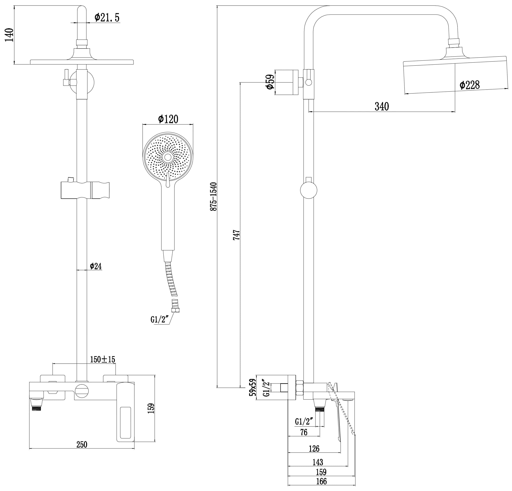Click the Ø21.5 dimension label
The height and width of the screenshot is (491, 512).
pos(107,18)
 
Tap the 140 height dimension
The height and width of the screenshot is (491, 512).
pos(9,35)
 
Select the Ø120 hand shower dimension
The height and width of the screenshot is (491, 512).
pos(168,119)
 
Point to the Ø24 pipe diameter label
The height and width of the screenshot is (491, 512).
pos(96,266)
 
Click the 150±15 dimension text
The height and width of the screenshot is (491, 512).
pos(102,359)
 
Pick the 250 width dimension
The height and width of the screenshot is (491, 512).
pos(82,445)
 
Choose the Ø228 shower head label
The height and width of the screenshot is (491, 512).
pos(469,85)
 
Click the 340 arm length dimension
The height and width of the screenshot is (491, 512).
pos(382,107)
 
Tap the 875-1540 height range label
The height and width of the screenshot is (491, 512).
pos(214,196)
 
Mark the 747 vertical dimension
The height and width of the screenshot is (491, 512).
pos(236,235)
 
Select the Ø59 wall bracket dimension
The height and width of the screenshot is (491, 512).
pos(270,82)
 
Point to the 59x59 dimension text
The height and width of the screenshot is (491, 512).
pos(253,388)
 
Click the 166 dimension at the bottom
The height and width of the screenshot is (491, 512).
pos(321,481)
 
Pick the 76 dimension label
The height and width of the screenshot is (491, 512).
pos(304,432)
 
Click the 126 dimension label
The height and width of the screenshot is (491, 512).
pos(314,449)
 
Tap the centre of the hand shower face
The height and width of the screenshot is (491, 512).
pos(168,157)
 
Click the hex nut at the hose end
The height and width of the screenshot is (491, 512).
pos(175,310)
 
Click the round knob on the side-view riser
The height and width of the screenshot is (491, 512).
pos(309,190)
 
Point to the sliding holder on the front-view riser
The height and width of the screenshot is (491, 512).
pos(85,190)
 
